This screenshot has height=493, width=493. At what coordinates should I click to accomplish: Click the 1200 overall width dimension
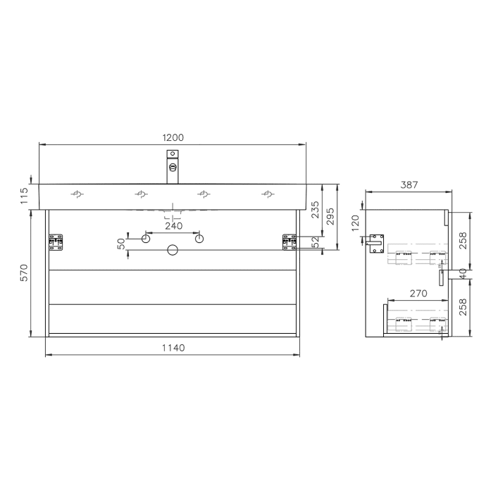[173, 137]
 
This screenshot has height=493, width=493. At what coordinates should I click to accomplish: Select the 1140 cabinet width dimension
[173, 347]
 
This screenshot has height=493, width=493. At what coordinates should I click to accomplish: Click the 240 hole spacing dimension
[173, 226]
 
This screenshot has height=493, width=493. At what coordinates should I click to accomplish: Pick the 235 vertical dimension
[316, 211]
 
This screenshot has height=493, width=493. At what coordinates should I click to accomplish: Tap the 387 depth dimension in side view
[409, 185]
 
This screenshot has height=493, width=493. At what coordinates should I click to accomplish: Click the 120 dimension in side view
[356, 223]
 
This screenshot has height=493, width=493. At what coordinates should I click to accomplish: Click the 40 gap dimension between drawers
[463, 272]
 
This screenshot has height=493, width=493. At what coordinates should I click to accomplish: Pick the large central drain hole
[173, 250]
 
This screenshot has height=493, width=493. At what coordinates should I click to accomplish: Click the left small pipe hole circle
[146, 239]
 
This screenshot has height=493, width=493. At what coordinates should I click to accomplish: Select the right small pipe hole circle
[199, 239]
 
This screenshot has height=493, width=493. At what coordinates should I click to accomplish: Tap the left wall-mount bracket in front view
[56, 242]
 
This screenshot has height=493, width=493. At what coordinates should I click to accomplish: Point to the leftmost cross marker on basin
[77, 194]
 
